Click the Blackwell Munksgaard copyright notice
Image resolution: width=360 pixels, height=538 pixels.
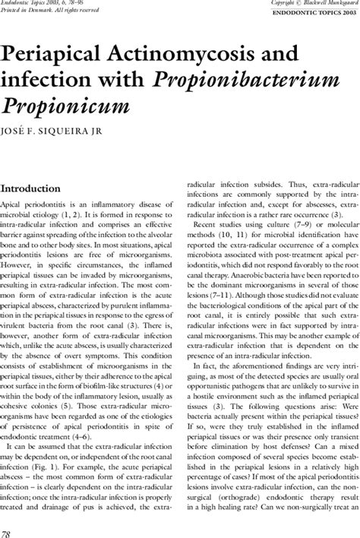pos(314,4)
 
